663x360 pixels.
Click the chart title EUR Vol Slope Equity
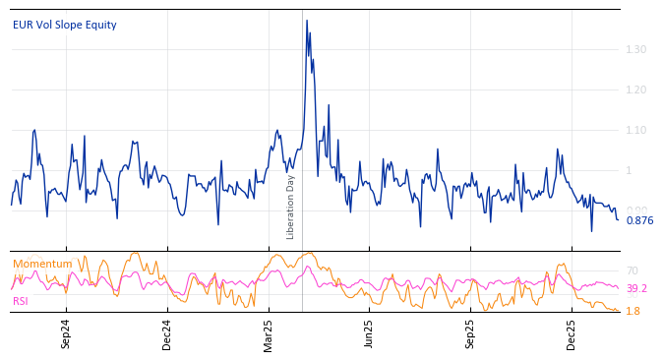(x=64, y=25)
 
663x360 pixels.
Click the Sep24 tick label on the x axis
(x=66, y=334)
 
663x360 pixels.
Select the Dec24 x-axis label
(x=167, y=334)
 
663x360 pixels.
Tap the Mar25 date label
(x=269, y=334)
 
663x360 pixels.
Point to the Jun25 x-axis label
(x=370, y=334)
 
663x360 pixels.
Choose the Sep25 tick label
(x=470, y=334)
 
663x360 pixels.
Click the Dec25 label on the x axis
(x=572, y=334)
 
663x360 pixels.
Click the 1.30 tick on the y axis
(x=636, y=49)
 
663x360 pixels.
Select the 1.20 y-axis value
(x=636, y=90)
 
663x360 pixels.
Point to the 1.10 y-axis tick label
(x=636, y=130)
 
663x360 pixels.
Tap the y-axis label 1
(x=630, y=170)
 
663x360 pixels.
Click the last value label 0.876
(x=639, y=220)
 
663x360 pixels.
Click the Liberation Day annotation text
(x=290, y=207)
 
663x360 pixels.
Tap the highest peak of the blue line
(x=306, y=21)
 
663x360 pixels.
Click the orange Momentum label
(x=42, y=264)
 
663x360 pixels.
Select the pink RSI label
(x=21, y=301)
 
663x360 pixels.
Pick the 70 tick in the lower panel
(x=633, y=270)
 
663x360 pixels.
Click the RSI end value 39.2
(x=636, y=288)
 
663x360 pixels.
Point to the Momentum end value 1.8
(x=633, y=311)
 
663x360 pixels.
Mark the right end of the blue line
(x=618, y=219)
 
